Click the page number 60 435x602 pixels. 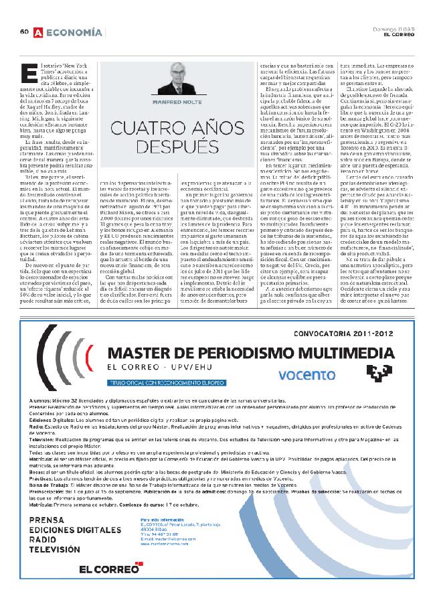click(x=23, y=31)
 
